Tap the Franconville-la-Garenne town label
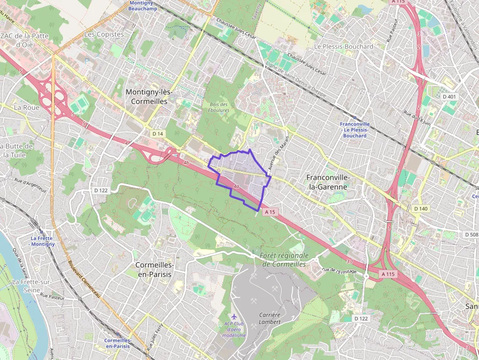[327, 182]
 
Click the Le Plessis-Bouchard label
[343, 46]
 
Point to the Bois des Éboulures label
[218, 107]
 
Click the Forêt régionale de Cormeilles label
[284, 259]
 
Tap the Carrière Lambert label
[269, 318]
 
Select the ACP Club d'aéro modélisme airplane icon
[234, 317]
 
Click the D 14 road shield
[157, 134]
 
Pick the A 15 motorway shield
[270, 212]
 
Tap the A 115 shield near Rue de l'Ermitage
[388, 274]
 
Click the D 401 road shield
[449, 97]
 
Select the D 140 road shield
[420, 209]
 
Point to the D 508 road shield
[470, 234]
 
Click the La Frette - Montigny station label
[42, 240]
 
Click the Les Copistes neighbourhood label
[97, 34]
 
